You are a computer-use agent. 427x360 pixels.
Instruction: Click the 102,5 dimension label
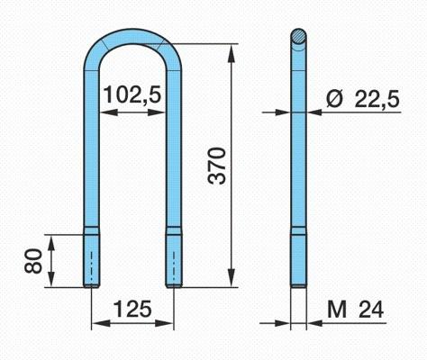[x=132, y=94]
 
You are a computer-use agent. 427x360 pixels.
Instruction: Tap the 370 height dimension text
[x=217, y=166]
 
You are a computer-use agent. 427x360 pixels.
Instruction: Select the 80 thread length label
[x=33, y=261]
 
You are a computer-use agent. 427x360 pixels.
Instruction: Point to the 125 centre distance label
[x=132, y=310]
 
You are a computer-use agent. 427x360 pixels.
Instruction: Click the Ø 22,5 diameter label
[x=363, y=99]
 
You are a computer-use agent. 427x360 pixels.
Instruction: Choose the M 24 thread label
[x=356, y=310]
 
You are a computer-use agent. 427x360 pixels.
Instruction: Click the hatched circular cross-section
[x=299, y=37]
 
